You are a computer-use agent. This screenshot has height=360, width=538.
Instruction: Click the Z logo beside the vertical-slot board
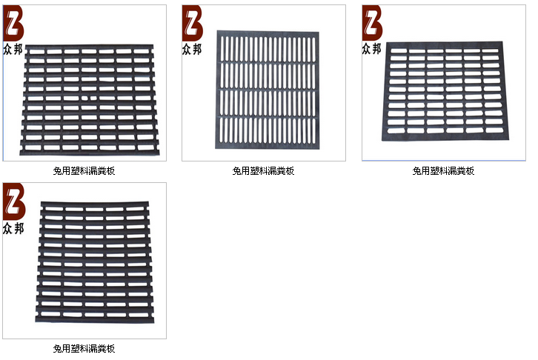point(192,23)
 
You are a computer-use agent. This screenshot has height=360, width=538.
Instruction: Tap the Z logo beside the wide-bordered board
point(372,23)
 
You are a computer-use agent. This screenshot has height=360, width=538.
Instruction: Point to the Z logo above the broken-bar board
point(13,23)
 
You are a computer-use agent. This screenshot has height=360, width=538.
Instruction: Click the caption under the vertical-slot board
point(264,171)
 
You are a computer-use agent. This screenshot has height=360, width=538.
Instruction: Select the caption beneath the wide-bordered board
point(443,171)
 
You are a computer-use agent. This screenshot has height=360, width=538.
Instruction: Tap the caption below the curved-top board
point(84,349)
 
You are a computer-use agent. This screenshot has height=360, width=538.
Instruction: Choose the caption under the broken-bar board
point(84,171)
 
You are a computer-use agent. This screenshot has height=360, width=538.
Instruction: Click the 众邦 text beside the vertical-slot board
point(192,50)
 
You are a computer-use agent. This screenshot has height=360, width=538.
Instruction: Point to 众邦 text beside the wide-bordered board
point(372,50)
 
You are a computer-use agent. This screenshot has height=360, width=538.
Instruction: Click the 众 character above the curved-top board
point(8,228)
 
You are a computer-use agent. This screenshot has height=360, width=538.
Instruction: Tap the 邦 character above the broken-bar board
point(19,50)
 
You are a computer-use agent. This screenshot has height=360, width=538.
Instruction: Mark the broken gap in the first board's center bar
point(88,96)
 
